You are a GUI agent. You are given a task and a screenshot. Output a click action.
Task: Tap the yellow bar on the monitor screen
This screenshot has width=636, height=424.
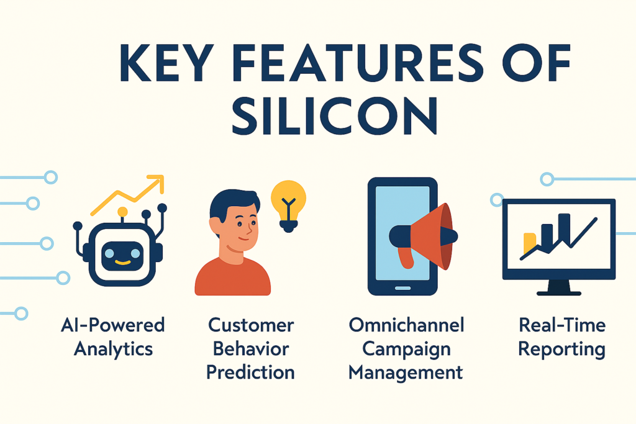pos(530,243)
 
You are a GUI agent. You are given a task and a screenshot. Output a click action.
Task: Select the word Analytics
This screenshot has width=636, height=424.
pos(113,348)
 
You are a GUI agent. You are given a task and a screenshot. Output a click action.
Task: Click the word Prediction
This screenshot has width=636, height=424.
pos(250,372)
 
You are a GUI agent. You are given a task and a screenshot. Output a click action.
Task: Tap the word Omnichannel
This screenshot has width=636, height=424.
pos(406,325)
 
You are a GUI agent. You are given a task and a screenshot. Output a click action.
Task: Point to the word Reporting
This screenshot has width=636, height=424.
pos(561,348)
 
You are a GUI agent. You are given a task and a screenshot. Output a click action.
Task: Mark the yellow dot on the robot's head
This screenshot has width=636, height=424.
pos(122,212)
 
